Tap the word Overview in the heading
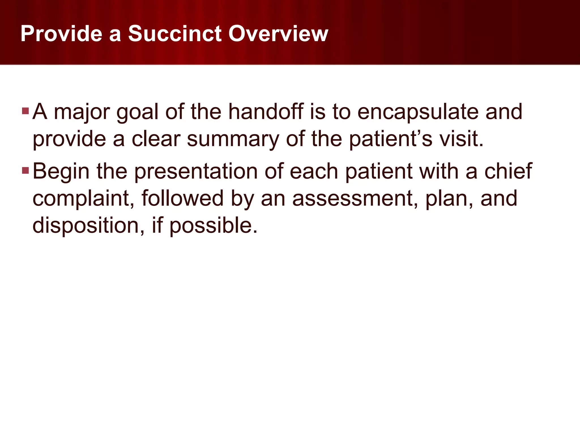click(278, 34)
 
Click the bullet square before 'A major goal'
click(25, 111)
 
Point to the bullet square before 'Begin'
click(25, 170)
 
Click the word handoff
click(266, 112)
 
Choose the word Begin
click(61, 172)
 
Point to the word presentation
click(196, 172)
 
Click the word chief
click(508, 171)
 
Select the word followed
click(183, 198)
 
